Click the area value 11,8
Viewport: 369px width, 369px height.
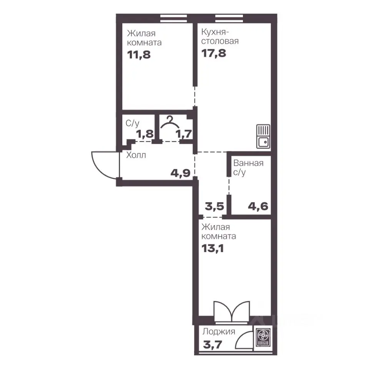pyautogui.click(x=139, y=55)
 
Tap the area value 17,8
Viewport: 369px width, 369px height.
pyautogui.click(x=214, y=53)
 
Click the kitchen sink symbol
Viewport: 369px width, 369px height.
pyautogui.click(x=263, y=136)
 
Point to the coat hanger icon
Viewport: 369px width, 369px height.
pyautogui.click(x=170, y=122)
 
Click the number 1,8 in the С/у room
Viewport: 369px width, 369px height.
pyautogui.click(x=145, y=134)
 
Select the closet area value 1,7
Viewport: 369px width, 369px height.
pyautogui.click(x=184, y=134)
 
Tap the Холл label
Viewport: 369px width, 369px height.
pyautogui.click(x=136, y=155)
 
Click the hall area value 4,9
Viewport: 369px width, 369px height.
pyautogui.click(x=181, y=173)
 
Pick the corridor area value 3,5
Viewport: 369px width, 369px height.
pyautogui.click(x=214, y=206)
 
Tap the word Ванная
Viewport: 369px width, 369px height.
pyautogui.click(x=248, y=163)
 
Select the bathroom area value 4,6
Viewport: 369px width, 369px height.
pyautogui.click(x=258, y=206)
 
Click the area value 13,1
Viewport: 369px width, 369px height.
pyautogui.click(x=213, y=248)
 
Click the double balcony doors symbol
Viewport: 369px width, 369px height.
pyautogui.click(x=232, y=311)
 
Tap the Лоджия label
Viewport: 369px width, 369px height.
pyautogui.click(x=219, y=332)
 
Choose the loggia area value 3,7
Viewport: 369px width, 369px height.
pyautogui.click(x=213, y=345)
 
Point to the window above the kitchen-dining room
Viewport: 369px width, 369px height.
pyautogui.click(x=229, y=18)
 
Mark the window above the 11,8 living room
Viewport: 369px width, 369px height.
pyautogui.click(x=173, y=18)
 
